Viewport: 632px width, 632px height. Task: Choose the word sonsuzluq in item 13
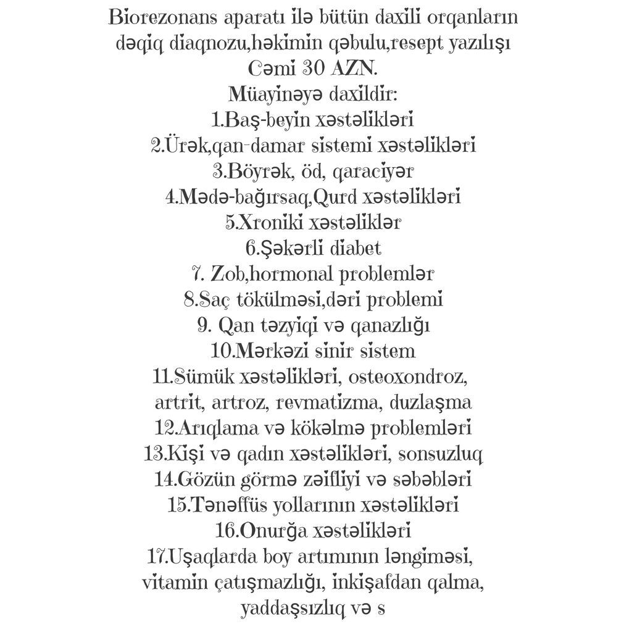tap(440, 454)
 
